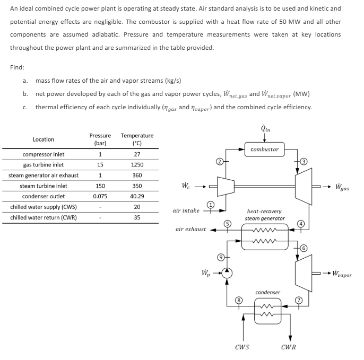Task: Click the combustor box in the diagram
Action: click(x=264, y=150)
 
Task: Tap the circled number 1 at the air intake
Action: click(x=210, y=204)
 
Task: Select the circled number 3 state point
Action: click(x=304, y=161)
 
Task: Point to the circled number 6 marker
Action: click(x=304, y=248)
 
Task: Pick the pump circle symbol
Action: click(x=227, y=273)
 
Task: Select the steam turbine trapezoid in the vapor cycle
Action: click(x=303, y=273)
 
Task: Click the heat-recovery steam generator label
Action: click(x=265, y=214)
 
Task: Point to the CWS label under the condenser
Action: click(x=242, y=347)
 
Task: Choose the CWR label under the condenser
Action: click(x=288, y=347)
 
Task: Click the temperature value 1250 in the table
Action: click(x=137, y=164)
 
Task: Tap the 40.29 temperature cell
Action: click(x=137, y=196)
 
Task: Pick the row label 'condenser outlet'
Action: click(x=44, y=196)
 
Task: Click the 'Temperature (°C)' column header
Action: click(x=137, y=139)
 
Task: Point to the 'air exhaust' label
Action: click(x=190, y=230)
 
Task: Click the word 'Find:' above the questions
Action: click(x=17, y=67)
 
